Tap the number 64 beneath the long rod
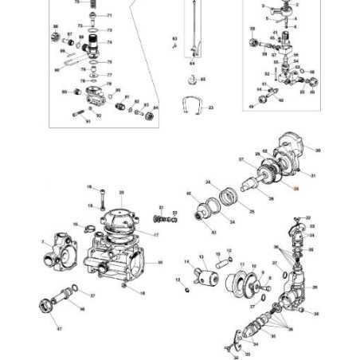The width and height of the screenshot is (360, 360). [191, 62]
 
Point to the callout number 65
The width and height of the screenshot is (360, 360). [203, 80]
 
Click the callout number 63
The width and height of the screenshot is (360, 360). [174, 38]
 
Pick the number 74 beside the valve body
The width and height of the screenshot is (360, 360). [109, 42]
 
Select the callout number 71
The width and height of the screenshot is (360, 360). [110, 16]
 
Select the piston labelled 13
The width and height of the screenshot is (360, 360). [209, 276]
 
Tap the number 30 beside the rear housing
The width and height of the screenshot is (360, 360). [318, 150]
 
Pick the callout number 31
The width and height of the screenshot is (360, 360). [313, 175]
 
